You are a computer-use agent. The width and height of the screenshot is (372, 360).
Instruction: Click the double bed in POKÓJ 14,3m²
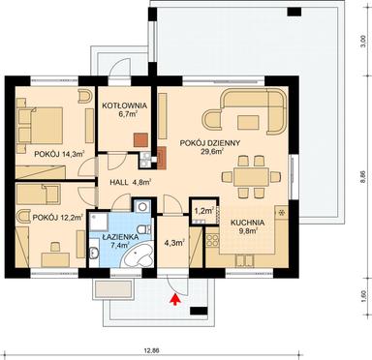43,120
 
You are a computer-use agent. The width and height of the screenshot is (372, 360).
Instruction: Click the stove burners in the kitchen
282,212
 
